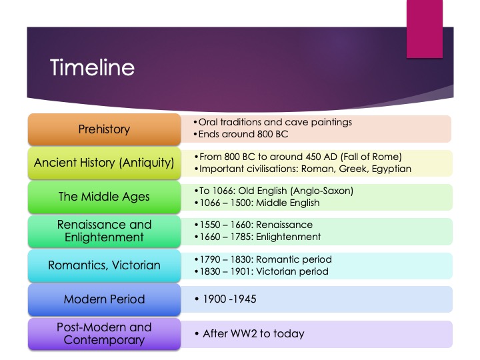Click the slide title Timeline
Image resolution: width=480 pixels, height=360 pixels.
click(x=92, y=68)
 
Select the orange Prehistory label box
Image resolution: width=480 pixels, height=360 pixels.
click(x=104, y=129)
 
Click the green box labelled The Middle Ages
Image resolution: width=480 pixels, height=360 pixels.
click(x=104, y=197)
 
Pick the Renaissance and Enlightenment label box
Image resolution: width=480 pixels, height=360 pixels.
click(x=104, y=231)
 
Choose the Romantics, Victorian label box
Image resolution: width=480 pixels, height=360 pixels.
click(x=104, y=265)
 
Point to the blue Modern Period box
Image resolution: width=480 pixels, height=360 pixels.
click(x=104, y=299)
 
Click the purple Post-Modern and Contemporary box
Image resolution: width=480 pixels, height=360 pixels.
click(x=104, y=333)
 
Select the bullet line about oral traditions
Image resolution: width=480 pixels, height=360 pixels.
click(x=273, y=123)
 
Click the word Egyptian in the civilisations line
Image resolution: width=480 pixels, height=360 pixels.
click(x=388, y=169)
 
